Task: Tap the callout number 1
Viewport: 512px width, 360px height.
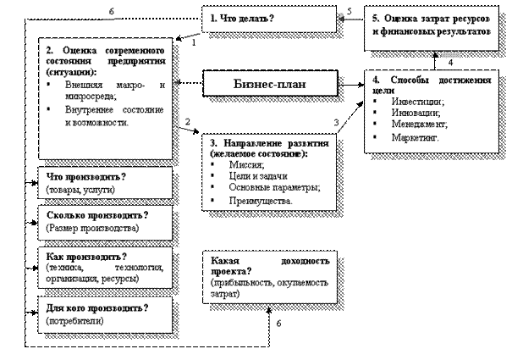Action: point(194,41)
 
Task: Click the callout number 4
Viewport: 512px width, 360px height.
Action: point(451,63)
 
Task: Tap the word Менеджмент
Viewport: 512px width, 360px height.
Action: point(420,124)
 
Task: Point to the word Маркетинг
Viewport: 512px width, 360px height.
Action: point(416,136)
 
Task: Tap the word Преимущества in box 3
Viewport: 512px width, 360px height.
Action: point(259,202)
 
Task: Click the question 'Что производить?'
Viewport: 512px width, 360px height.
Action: point(85,176)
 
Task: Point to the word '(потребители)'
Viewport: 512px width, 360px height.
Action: point(74,321)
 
